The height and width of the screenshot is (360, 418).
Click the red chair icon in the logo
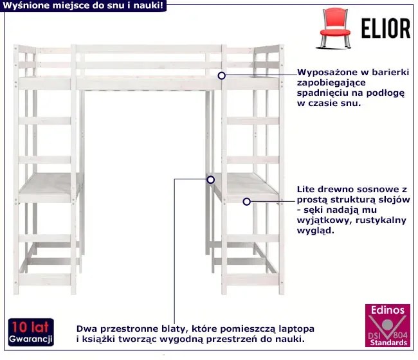(x=336, y=25)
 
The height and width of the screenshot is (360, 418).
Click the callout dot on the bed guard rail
(x=221, y=75)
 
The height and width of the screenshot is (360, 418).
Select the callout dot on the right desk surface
(x=246, y=201)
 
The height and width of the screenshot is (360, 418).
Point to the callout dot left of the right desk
(x=210, y=179)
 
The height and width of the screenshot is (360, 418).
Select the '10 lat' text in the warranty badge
(x=32, y=326)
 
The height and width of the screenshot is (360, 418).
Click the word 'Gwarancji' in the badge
(x=32, y=338)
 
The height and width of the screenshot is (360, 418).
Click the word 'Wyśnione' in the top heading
(x=24, y=6)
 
